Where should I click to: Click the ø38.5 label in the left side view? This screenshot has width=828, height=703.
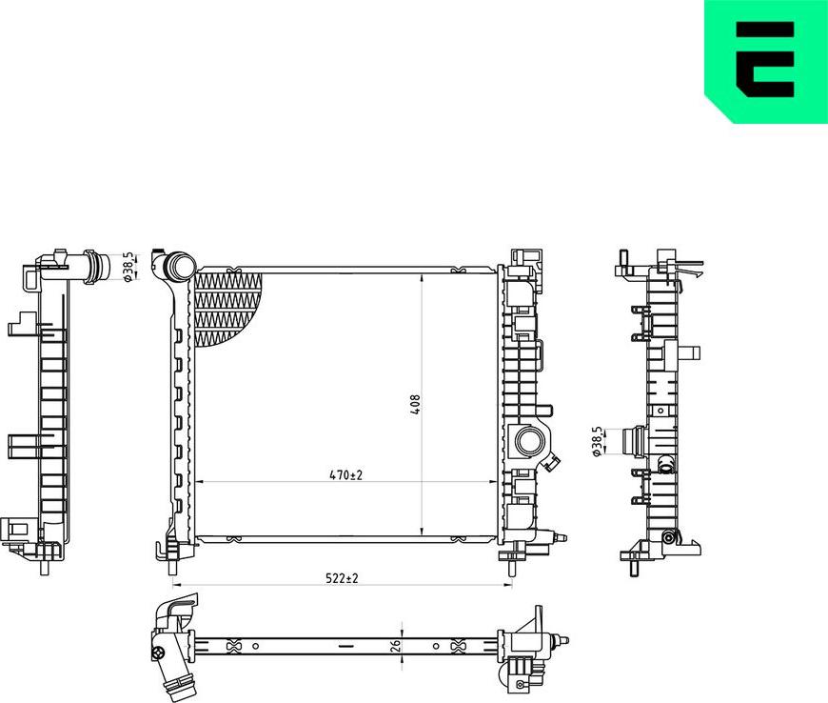click(x=127, y=267)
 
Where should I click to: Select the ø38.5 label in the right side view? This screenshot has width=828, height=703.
click(x=597, y=442)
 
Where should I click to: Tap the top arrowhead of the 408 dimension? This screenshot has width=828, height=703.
click(x=423, y=277)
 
